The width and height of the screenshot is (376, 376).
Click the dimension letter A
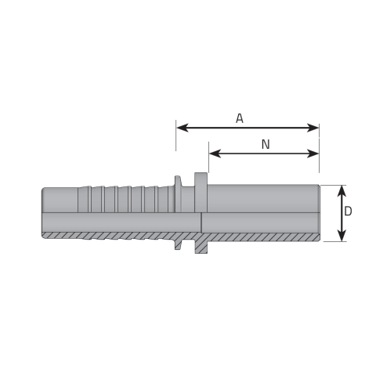239,118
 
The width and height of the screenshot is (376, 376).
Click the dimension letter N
266,144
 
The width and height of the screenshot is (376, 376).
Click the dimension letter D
348,211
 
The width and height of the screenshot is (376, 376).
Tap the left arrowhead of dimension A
183,128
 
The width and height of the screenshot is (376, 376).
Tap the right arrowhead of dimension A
313,128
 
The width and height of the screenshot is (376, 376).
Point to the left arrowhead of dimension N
215,154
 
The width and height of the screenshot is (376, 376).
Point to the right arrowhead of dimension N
313,154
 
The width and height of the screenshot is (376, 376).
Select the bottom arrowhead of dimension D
342,235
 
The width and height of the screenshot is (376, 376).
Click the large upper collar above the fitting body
201,179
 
